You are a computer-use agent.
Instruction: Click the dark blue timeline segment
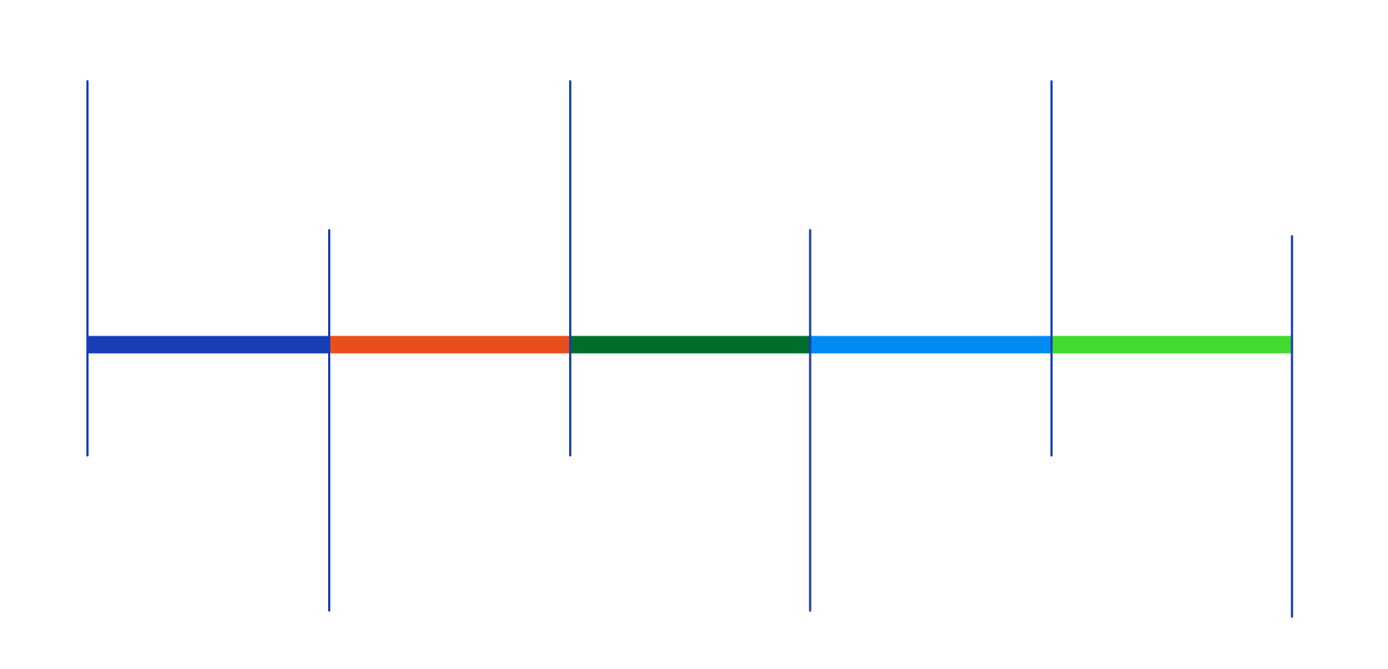(x=208, y=344)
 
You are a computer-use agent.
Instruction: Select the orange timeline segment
(x=449, y=344)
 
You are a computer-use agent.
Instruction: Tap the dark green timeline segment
(x=690, y=344)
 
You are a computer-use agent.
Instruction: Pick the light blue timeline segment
(x=931, y=344)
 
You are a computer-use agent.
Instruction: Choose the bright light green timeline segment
(x=1172, y=344)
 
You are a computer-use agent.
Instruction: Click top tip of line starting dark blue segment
(x=87, y=81)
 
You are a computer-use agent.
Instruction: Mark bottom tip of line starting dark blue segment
(x=87, y=456)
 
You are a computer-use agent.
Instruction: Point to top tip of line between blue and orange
(x=329, y=230)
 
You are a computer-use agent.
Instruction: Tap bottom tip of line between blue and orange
(x=329, y=611)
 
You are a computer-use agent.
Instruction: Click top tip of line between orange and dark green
(x=570, y=81)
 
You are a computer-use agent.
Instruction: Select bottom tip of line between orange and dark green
(x=570, y=456)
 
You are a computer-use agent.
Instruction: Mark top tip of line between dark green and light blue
(x=810, y=230)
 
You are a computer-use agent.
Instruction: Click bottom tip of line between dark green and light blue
(x=810, y=611)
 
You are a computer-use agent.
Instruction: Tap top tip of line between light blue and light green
(x=1051, y=81)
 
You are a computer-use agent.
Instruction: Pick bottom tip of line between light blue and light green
(x=1051, y=456)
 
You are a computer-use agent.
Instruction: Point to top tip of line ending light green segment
(x=1292, y=236)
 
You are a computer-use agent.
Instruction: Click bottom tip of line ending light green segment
(x=1292, y=617)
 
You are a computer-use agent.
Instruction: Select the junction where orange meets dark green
(x=570, y=344)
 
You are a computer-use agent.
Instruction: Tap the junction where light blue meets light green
(x=1051, y=344)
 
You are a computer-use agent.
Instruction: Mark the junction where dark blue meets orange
(x=329, y=344)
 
